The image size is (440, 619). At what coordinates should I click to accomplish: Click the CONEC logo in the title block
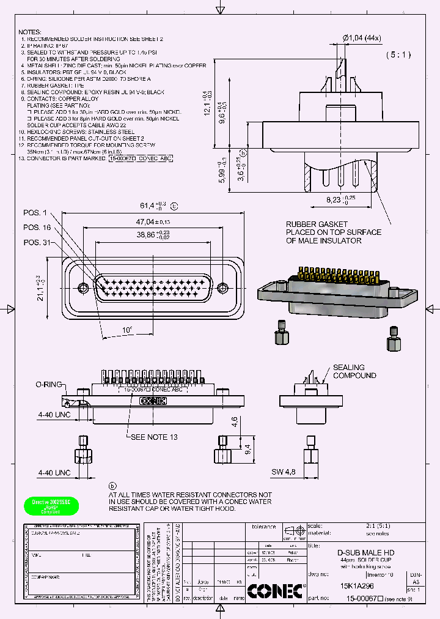[x=276, y=591]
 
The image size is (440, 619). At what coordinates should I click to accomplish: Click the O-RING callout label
[x=48, y=384]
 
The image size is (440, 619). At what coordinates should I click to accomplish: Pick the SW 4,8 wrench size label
[x=283, y=472]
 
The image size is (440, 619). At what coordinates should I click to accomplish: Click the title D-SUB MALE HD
[x=365, y=552]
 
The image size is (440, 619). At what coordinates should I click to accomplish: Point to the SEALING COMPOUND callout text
[x=354, y=371]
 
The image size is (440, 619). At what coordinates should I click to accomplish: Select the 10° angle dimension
[x=127, y=330]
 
